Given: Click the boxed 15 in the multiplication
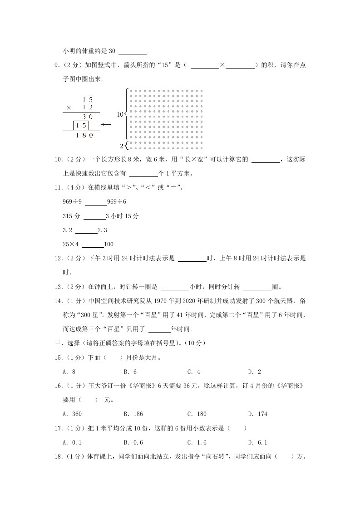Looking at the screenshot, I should coord(81,125).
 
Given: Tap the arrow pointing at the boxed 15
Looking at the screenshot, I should coord(106,125).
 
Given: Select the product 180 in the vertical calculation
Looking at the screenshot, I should coord(85,135).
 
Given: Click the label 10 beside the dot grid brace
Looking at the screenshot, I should coord(120,115).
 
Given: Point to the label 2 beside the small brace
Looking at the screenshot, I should coord(121,146).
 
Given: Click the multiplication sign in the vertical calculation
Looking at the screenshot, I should coord(69,108).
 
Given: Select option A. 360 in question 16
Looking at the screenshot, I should coord(72,414).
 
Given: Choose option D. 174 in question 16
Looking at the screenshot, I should coord(257,414).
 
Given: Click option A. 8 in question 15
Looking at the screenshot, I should coord(69,372).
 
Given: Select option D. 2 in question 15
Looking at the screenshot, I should coord(254,372).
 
